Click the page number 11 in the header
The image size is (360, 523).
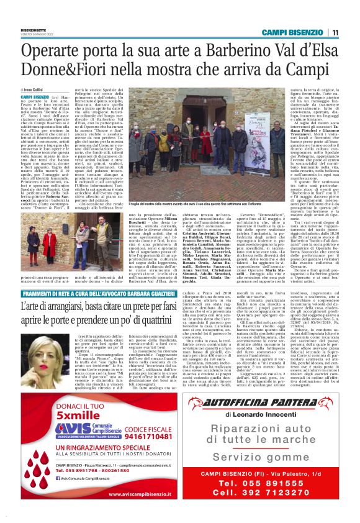click(335, 32)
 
